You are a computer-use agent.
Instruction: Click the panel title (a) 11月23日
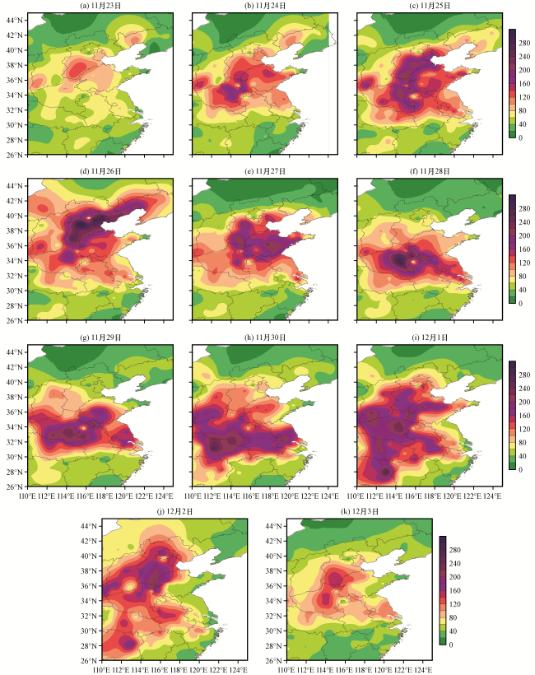[x=100, y=6]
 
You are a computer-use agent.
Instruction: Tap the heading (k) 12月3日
[x=350, y=512]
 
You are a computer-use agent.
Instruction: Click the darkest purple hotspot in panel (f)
[x=401, y=260]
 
